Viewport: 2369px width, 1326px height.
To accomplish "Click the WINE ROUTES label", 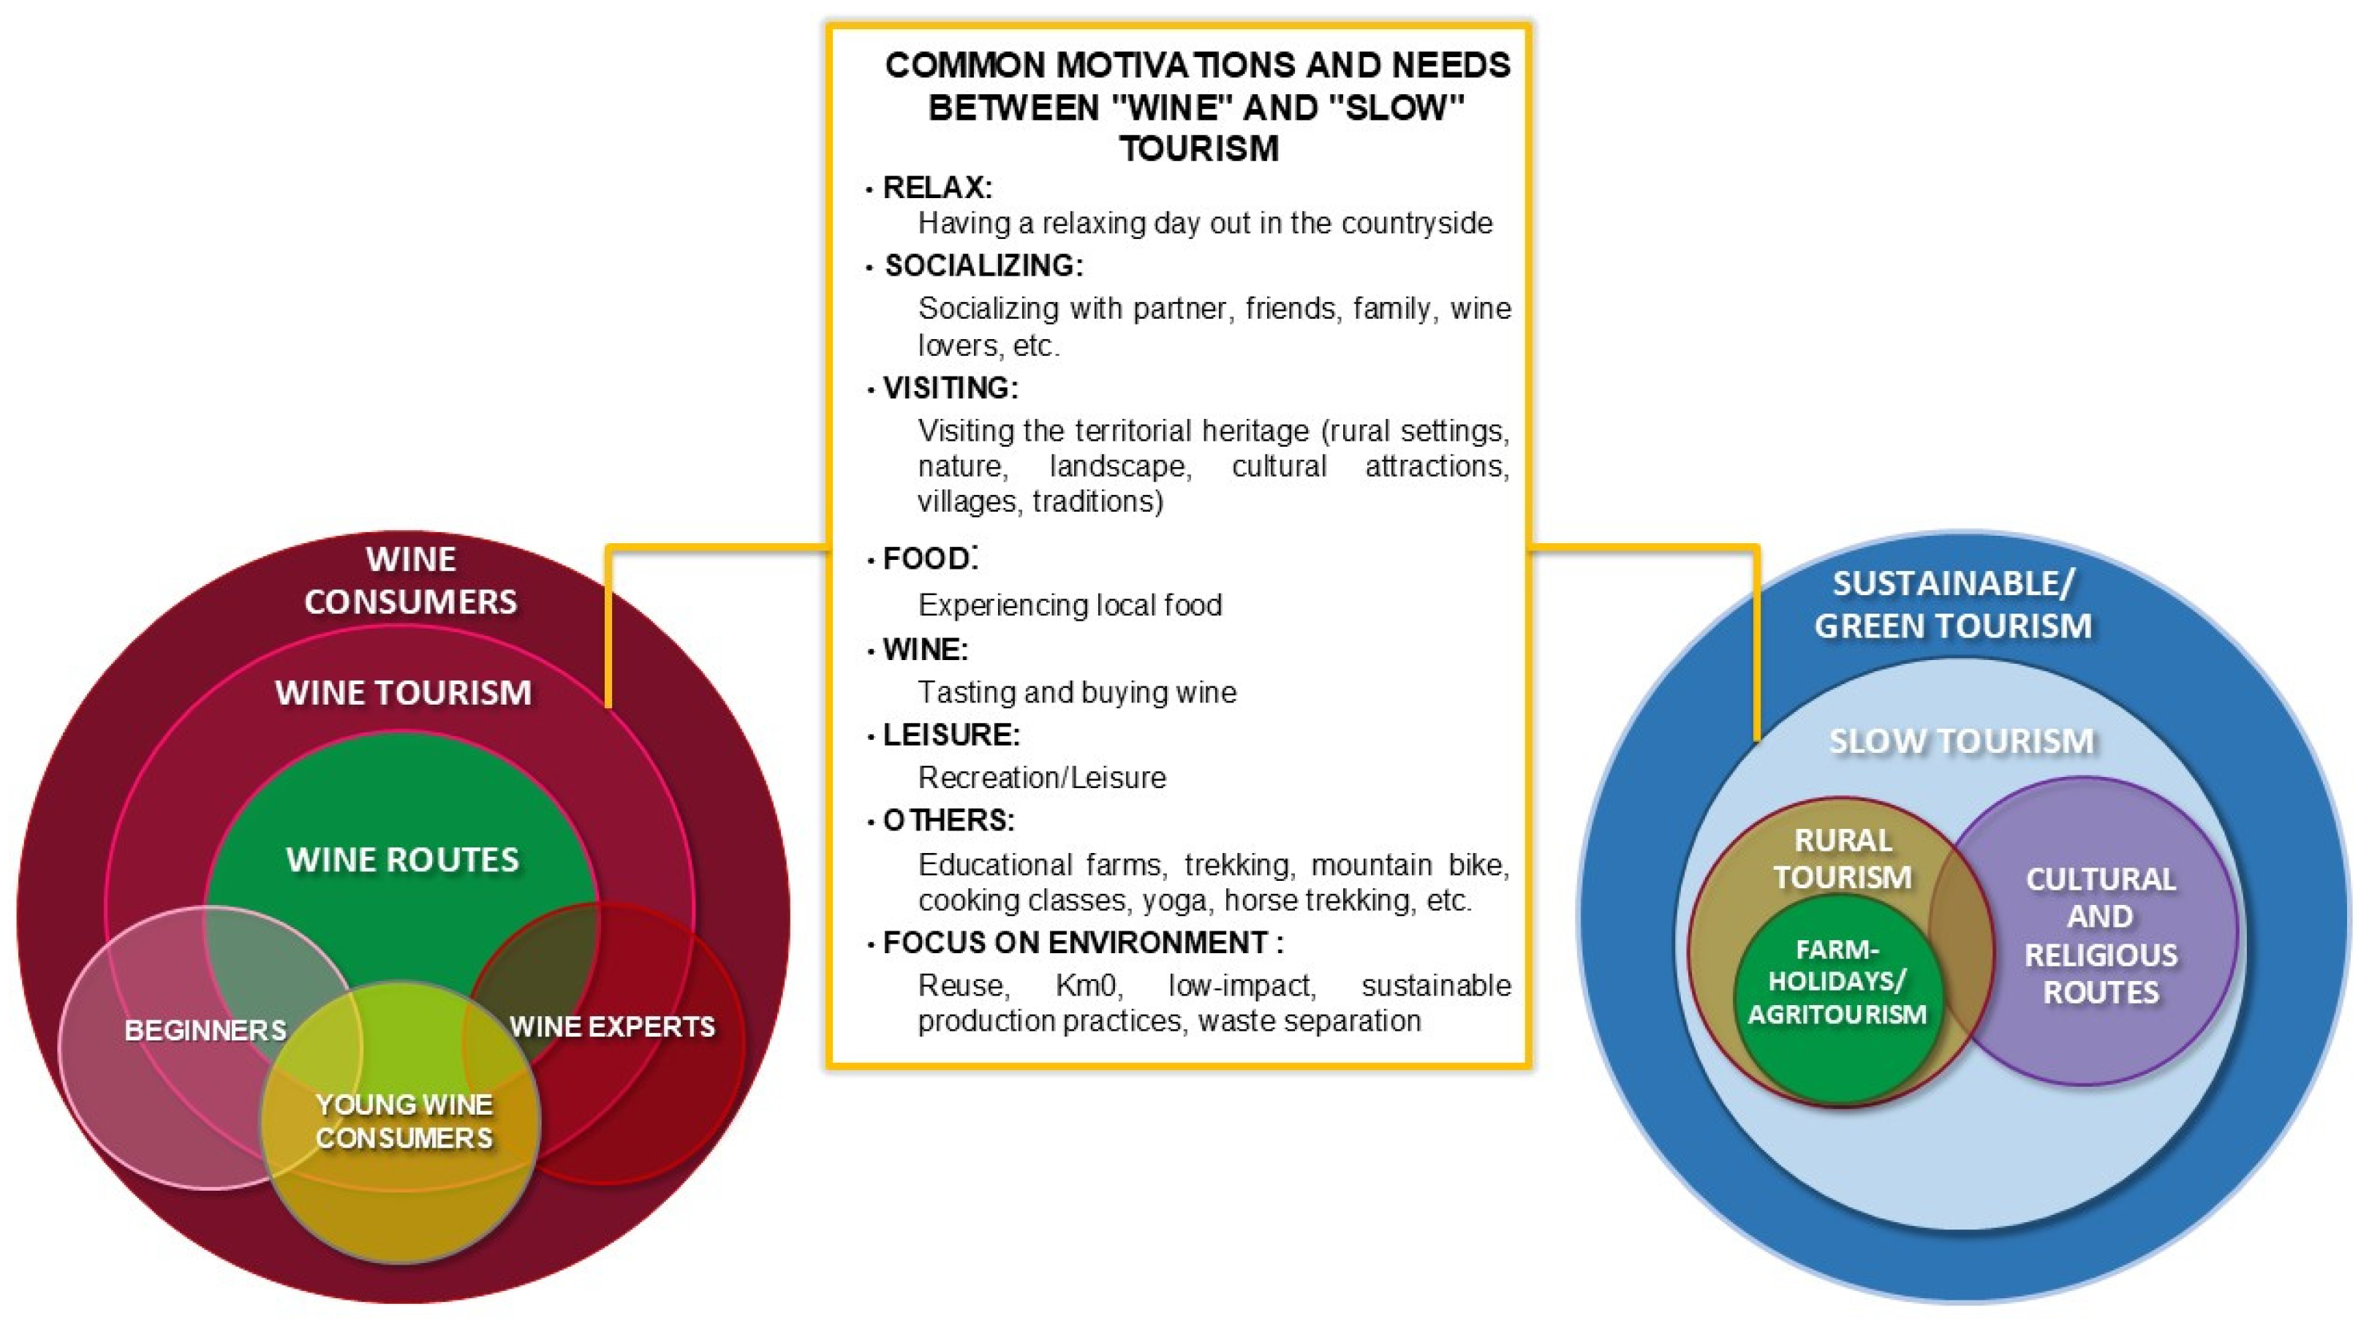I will click(x=403, y=860).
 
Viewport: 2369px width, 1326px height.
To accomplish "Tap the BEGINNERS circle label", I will click(x=205, y=1030).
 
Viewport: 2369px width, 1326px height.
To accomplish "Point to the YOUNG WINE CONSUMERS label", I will click(x=404, y=1121).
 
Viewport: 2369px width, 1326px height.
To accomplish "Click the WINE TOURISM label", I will click(x=403, y=692).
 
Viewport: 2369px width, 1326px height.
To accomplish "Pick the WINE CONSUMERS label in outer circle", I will click(x=410, y=580).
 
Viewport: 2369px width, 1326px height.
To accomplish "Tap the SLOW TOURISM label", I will click(x=1961, y=740).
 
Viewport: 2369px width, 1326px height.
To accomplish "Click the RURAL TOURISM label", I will click(x=1842, y=858).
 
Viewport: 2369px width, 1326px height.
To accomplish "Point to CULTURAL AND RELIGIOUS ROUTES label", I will click(x=2101, y=935).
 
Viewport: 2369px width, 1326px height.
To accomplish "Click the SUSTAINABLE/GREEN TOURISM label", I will click(x=1952, y=604).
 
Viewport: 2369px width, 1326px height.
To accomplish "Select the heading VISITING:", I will click(x=950, y=388).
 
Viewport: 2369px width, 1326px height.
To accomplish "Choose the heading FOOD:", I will click(x=929, y=558).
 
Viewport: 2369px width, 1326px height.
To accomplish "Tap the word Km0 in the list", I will click(x=1089, y=986).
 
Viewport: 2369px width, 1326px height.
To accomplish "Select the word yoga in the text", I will click(x=1174, y=901).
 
